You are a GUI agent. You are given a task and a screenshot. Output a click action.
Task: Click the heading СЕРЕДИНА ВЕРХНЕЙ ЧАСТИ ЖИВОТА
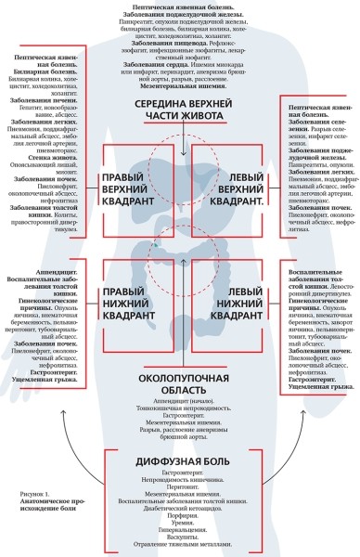click(180, 109)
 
